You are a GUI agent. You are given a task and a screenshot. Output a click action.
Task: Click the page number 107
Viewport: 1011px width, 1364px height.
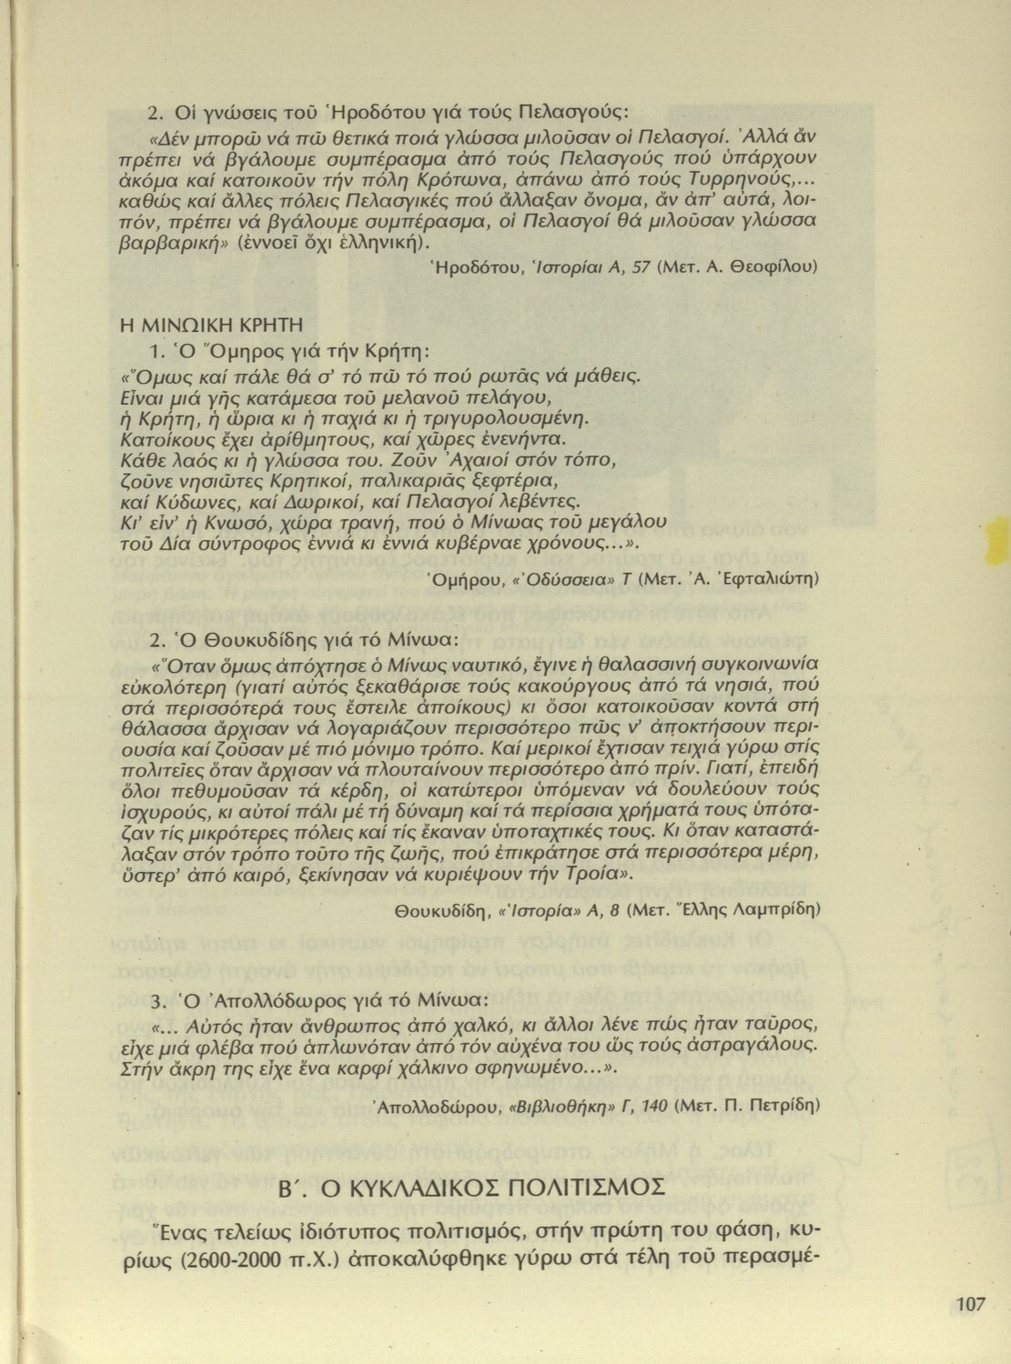tap(971, 1304)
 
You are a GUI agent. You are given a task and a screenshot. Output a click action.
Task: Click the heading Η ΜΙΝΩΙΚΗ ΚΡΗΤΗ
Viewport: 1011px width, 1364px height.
tap(211, 325)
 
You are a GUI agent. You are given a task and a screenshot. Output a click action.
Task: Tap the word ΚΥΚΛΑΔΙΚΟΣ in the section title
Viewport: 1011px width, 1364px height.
tap(407, 1188)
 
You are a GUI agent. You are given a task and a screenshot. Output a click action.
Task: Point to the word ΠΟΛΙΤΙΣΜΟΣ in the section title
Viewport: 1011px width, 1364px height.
tap(584, 1188)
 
